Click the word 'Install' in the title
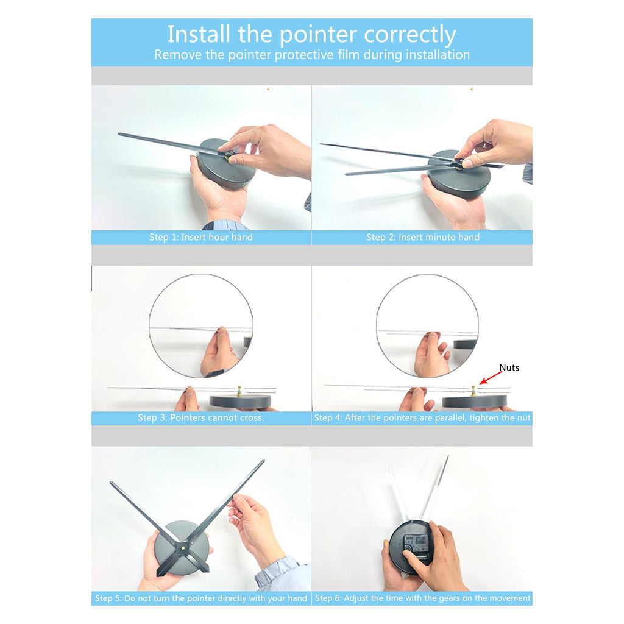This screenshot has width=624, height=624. click(199, 34)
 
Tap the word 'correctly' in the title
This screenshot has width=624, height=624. click(410, 35)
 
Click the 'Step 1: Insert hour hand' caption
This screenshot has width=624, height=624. click(201, 237)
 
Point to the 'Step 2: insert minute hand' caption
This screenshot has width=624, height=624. click(423, 237)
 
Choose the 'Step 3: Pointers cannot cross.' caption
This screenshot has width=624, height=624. click(201, 418)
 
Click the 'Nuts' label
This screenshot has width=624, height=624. click(509, 367)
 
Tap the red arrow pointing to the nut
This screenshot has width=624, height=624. click(491, 378)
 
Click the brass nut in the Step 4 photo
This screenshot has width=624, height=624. click(473, 390)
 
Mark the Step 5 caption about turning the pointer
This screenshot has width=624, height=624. click(201, 598)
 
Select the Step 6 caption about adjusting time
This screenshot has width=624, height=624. click(423, 598)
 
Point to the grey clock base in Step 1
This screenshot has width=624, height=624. click(226, 164)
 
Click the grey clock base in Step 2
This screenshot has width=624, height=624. click(459, 174)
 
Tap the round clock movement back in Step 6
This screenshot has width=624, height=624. click(410, 547)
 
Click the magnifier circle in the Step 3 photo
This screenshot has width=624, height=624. click(149, 325)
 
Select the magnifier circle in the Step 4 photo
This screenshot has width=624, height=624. click(377, 325)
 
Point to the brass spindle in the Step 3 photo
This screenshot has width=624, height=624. click(239, 391)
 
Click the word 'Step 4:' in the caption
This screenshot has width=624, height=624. click(328, 418)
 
